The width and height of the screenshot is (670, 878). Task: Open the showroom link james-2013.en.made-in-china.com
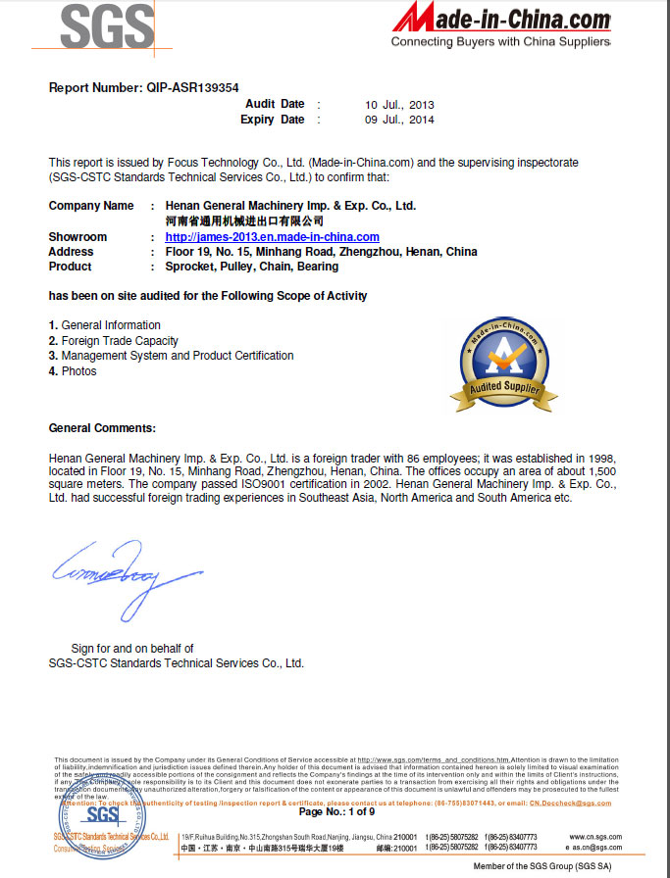(x=272, y=237)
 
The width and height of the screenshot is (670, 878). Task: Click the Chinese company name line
(x=243, y=221)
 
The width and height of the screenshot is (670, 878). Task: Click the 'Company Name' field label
(x=91, y=206)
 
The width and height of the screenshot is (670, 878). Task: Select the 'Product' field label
(x=70, y=267)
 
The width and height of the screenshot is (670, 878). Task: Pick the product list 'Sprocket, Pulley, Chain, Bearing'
(x=252, y=267)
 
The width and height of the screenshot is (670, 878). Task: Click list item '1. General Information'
(x=105, y=325)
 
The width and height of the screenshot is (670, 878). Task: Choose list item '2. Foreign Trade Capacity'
(x=114, y=341)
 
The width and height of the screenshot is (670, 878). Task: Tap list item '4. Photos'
(x=73, y=371)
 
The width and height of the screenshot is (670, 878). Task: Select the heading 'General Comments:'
(x=102, y=428)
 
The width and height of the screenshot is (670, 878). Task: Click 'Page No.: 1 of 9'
(x=336, y=811)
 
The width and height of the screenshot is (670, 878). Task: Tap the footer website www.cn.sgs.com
(x=595, y=837)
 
